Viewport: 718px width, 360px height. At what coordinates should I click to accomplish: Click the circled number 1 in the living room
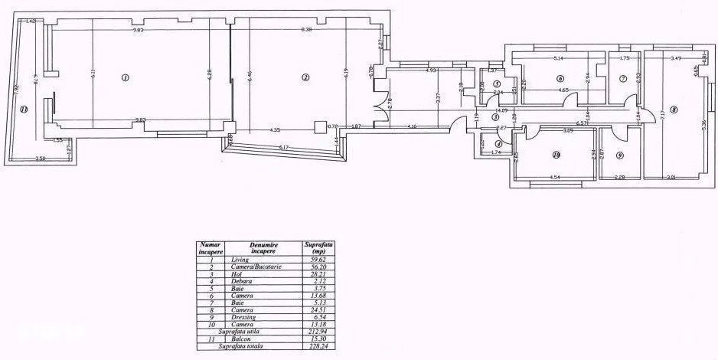pos(125,77)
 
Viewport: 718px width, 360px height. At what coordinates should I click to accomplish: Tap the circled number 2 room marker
pos(305,77)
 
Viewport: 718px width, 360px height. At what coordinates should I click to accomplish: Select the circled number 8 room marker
pos(674,110)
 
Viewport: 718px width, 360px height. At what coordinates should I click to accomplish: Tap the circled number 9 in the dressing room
pos(619,155)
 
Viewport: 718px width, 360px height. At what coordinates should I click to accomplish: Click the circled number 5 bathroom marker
pos(497,84)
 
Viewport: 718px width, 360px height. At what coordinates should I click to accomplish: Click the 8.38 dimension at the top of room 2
pos(306,30)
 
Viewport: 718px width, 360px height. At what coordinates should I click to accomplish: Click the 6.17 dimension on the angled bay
pos(283,147)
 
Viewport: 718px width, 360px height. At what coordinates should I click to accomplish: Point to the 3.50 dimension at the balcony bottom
pos(41,159)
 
